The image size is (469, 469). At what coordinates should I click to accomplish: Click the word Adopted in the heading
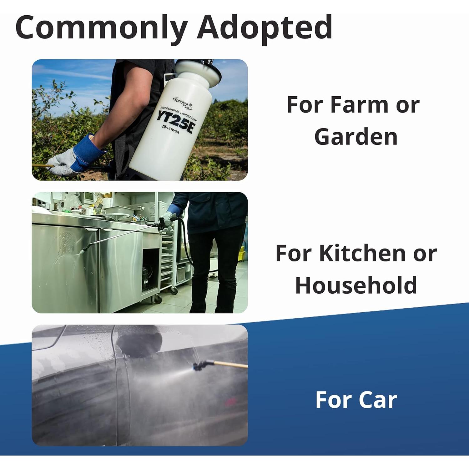[265, 28]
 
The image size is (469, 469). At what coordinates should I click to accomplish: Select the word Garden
[356, 137]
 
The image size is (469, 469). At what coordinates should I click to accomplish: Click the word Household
[356, 285]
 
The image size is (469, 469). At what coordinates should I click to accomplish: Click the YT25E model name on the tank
[176, 123]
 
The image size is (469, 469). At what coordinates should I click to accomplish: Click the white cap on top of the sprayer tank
[198, 72]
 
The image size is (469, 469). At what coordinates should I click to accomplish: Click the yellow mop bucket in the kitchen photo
[241, 254]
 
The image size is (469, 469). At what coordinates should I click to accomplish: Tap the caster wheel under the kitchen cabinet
[158, 299]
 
